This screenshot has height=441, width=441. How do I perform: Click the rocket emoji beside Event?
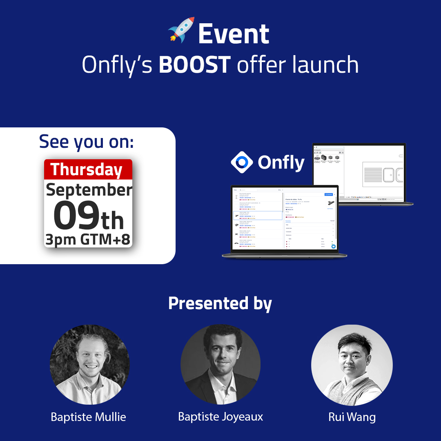click(x=181, y=30)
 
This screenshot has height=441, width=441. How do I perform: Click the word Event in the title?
click(x=234, y=34)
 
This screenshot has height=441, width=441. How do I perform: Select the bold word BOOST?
click(x=195, y=65)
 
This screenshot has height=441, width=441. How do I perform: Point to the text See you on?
click(x=87, y=141)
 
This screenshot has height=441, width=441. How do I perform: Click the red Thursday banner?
click(x=88, y=169)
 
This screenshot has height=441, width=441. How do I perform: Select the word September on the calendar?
click(x=89, y=190)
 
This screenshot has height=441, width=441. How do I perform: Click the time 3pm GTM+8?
click(x=88, y=240)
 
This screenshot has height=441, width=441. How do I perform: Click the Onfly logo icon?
click(x=242, y=163)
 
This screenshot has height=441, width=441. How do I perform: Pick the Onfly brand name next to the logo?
click(x=281, y=163)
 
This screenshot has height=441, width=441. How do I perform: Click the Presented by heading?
click(x=220, y=303)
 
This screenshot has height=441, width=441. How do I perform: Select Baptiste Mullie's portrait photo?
click(x=89, y=365)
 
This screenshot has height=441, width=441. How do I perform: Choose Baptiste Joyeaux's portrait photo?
click(x=220, y=365)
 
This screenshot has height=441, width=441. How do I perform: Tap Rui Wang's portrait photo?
click(x=352, y=365)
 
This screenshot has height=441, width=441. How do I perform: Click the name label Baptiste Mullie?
click(x=88, y=416)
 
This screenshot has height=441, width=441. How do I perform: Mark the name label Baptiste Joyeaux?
click(x=220, y=416)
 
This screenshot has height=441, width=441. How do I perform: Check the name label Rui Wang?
click(x=352, y=417)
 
